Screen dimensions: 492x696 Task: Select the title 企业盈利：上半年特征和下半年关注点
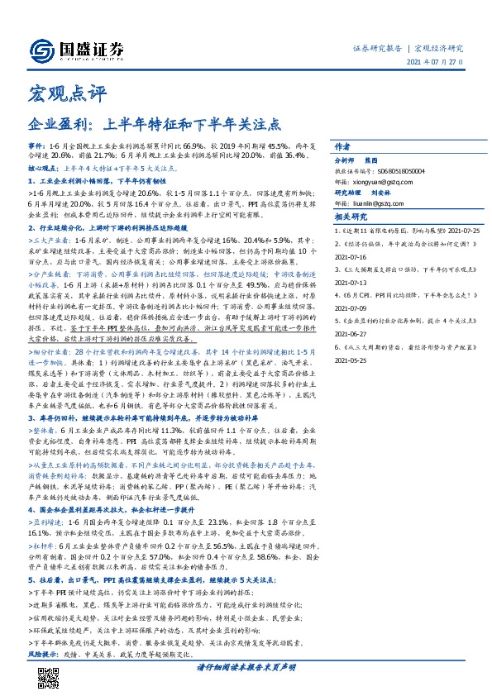[155, 126]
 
